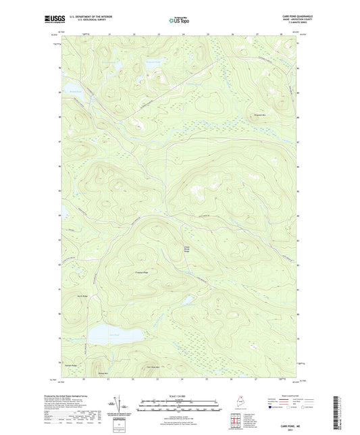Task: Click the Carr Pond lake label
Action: coord(114,335)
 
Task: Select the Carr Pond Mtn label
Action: coord(154,367)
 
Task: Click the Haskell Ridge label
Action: coord(70,365)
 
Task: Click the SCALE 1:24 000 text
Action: coord(180,396)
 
